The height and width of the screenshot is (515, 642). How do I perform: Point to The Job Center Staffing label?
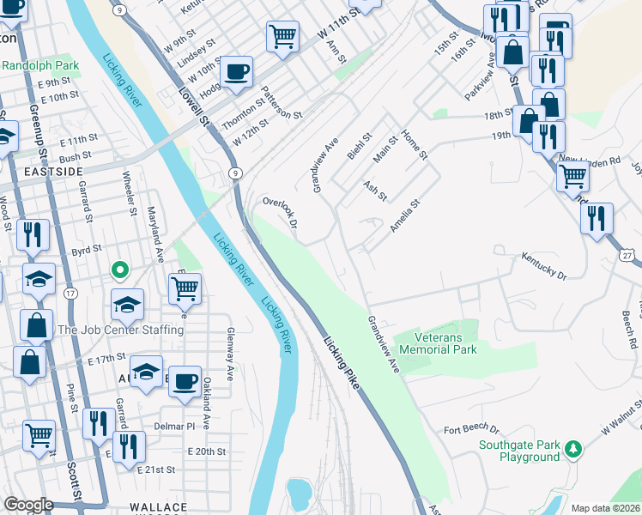[x=120, y=330]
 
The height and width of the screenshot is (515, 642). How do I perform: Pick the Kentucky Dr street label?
[x=544, y=265]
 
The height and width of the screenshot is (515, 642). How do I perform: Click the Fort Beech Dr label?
[x=471, y=428]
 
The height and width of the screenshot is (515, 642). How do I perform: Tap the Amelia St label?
[x=403, y=216]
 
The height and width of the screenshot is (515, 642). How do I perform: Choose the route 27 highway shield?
[x=629, y=255]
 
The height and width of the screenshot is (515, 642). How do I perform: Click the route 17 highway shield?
[x=70, y=293]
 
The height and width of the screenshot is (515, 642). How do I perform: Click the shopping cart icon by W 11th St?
[x=282, y=36]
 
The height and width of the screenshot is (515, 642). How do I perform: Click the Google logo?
[x=28, y=505]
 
